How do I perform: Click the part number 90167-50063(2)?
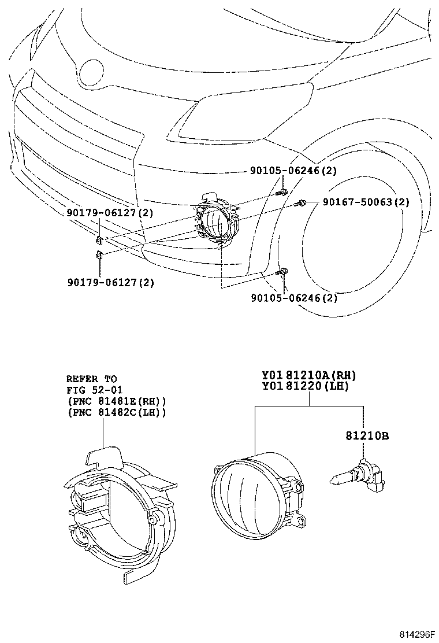(x=366, y=202)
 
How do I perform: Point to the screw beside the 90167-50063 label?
(x=301, y=203)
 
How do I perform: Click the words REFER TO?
(x=91, y=379)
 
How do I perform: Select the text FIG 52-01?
(x=94, y=390)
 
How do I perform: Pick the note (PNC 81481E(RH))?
(x=117, y=401)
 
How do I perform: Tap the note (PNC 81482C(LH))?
(x=117, y=412)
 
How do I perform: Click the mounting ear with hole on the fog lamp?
(x=300, y=522)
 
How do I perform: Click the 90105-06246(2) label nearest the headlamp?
(x=293, y=171)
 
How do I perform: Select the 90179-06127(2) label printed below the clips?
(x=110, y=282)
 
